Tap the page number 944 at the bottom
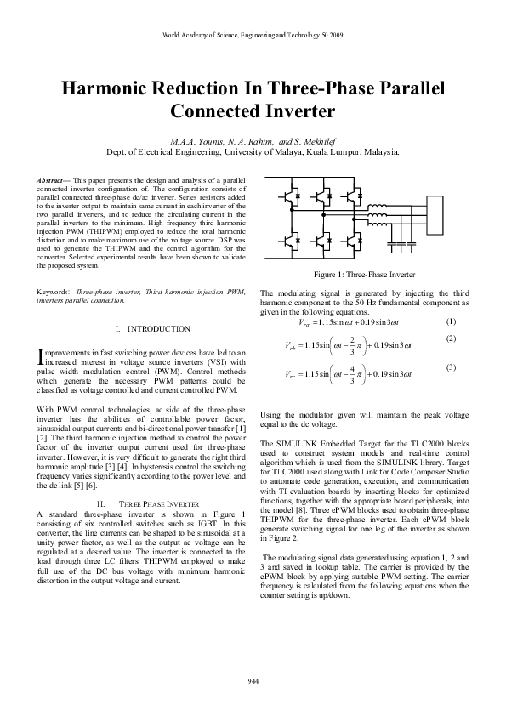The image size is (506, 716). (x=253, y=681)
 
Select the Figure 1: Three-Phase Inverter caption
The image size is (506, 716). (x=364, y=275)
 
